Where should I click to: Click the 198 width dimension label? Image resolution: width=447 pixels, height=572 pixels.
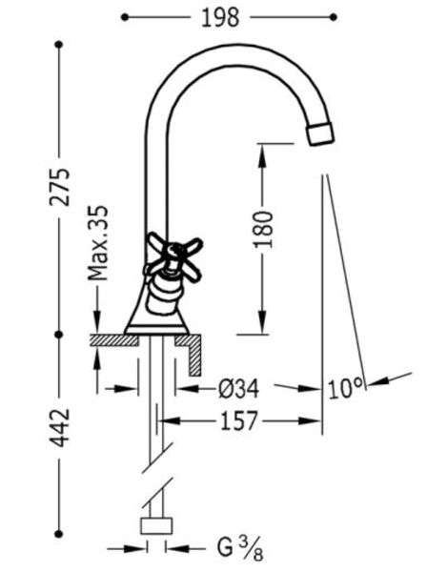220,17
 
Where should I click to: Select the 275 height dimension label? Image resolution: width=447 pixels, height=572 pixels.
59,187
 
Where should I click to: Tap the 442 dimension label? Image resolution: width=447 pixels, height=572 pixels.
59,427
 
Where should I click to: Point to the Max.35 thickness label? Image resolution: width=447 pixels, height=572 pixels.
98,243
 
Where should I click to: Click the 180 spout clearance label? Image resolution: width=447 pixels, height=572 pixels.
263,229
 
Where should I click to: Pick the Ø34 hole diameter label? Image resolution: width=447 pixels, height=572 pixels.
239,389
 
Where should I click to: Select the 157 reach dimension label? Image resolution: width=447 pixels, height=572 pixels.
239,421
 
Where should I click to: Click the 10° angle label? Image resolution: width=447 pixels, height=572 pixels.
345,388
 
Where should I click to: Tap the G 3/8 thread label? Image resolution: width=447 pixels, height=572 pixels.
240,549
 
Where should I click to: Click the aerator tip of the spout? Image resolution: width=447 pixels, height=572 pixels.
320,133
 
